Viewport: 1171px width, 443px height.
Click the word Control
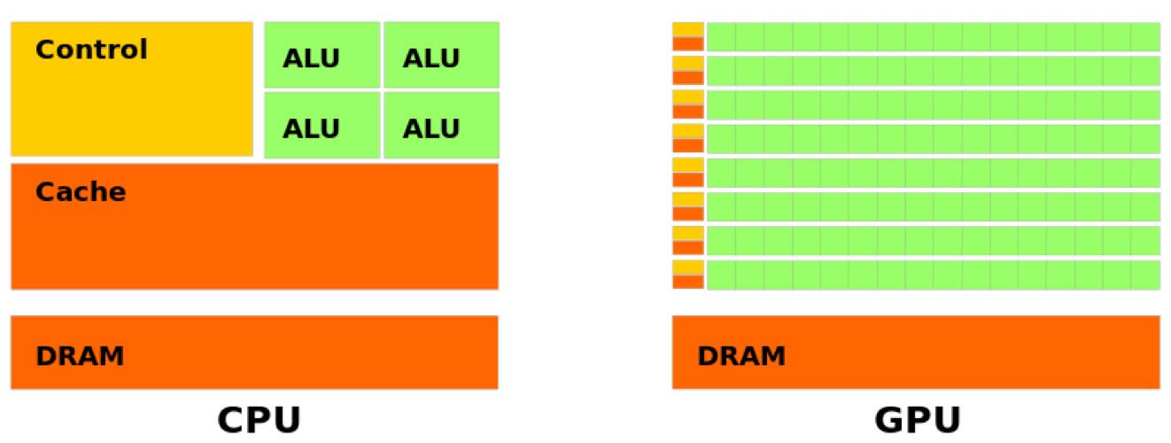[x=91, y=50]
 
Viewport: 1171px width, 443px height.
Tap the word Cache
[x=81, y=192]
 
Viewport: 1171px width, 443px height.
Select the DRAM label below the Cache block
[x=80, y=356]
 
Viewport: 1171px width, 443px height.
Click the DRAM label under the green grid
[x=741, y=356]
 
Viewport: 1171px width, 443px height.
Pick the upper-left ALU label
[x=311, y=58]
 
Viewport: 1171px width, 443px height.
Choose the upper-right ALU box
[x=441, y=55]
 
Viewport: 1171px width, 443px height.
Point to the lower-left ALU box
[x=322, y=126]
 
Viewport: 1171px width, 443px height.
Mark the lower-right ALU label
[x=431, y=129]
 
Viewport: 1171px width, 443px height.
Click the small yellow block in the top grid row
[x=688, y=28]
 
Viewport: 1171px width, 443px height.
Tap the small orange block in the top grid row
[x=688, y=43]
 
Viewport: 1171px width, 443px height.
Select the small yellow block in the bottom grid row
[x=688, y=267]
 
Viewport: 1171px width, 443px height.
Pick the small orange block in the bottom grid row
[x=688, y=282]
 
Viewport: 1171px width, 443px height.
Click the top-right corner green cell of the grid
[x=1145, y=37]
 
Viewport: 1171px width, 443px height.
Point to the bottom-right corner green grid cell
[x=1145, y=275]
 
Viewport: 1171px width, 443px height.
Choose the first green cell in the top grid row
[x=721, y=37]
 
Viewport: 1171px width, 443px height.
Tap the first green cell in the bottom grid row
[x=721, y=275]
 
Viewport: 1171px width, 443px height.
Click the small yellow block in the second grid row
[x=688, y=62]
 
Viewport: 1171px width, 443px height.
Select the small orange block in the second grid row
[x=688, y=78]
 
